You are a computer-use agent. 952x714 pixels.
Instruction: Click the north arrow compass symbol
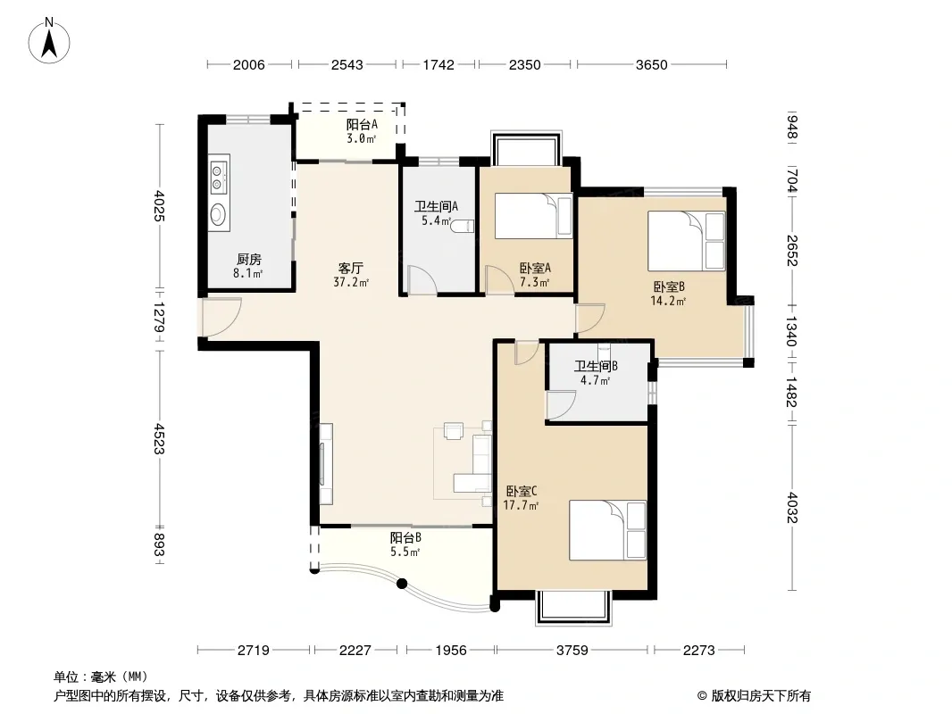pos(49,41)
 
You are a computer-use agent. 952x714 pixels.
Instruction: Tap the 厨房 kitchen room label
pos(249,260)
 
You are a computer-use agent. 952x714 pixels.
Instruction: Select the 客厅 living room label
pos(350,268)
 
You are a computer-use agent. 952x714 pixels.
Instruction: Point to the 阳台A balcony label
pos(362,124)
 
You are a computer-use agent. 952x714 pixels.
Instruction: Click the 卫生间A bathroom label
pos(436,206)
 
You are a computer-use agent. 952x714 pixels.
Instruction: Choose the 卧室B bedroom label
pos(669,286)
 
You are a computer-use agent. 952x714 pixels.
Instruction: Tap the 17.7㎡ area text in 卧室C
pos(521,505)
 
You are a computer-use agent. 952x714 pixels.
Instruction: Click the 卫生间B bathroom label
pos(597,367)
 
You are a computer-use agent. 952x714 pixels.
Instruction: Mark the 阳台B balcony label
pos(405,538)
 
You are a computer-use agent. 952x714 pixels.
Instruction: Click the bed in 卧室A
pos(534,216)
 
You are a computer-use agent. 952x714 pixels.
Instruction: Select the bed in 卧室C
pos(608,530)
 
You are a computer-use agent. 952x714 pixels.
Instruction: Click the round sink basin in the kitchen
pos(218,214)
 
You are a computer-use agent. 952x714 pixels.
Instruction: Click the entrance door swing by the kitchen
pos(221,317)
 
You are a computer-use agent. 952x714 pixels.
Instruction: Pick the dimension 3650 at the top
pos(651,64)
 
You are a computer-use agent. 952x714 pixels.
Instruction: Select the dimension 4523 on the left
pos(159,438)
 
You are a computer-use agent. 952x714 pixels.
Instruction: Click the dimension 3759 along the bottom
pos(572,651)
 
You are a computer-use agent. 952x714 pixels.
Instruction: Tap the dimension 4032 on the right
pos(792,507)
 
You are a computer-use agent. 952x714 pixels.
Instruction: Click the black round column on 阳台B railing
pos(401,585)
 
